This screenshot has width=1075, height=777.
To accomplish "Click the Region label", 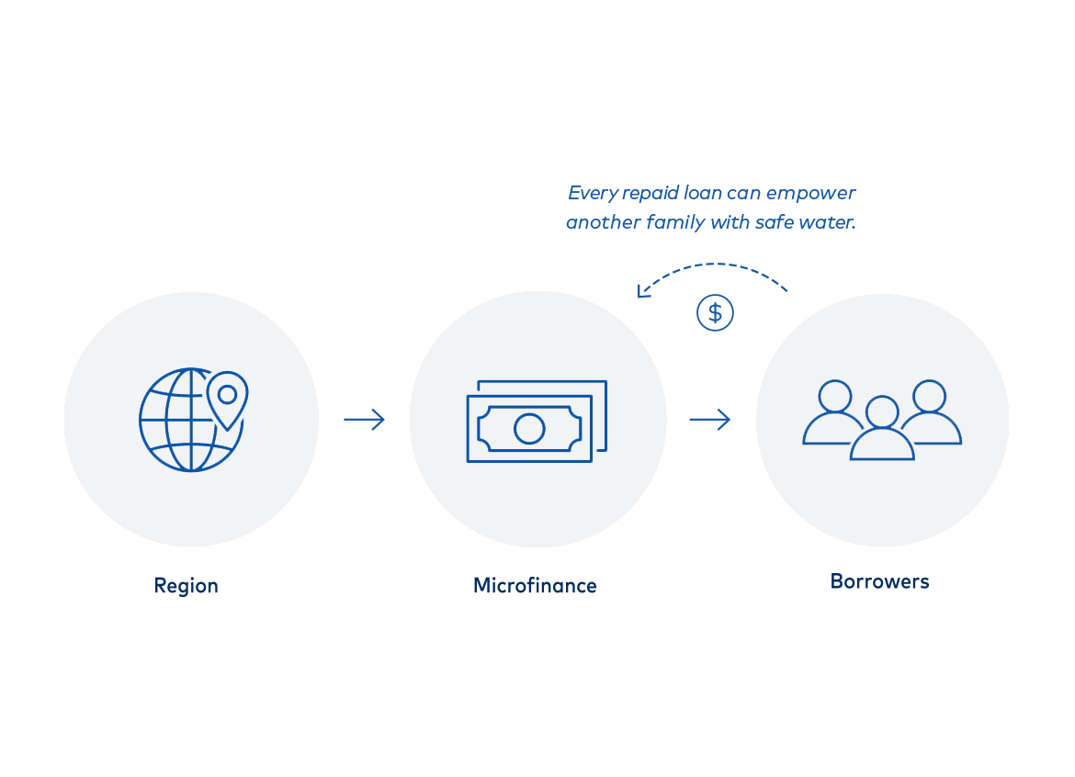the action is pos(186,587).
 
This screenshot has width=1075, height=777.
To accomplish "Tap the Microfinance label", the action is pos(535,585).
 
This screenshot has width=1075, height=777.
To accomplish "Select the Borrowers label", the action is pos(879,581).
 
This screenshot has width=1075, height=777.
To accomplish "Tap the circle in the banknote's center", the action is pos(529,429).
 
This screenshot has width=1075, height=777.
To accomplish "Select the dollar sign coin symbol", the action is pos(715,313).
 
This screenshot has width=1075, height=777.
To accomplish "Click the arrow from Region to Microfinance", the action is pos(364,420).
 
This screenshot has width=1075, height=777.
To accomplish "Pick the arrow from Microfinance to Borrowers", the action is pos(709,420).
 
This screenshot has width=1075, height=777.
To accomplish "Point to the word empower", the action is pos(811,194).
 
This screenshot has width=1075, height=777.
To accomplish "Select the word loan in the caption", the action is pos(703,193).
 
